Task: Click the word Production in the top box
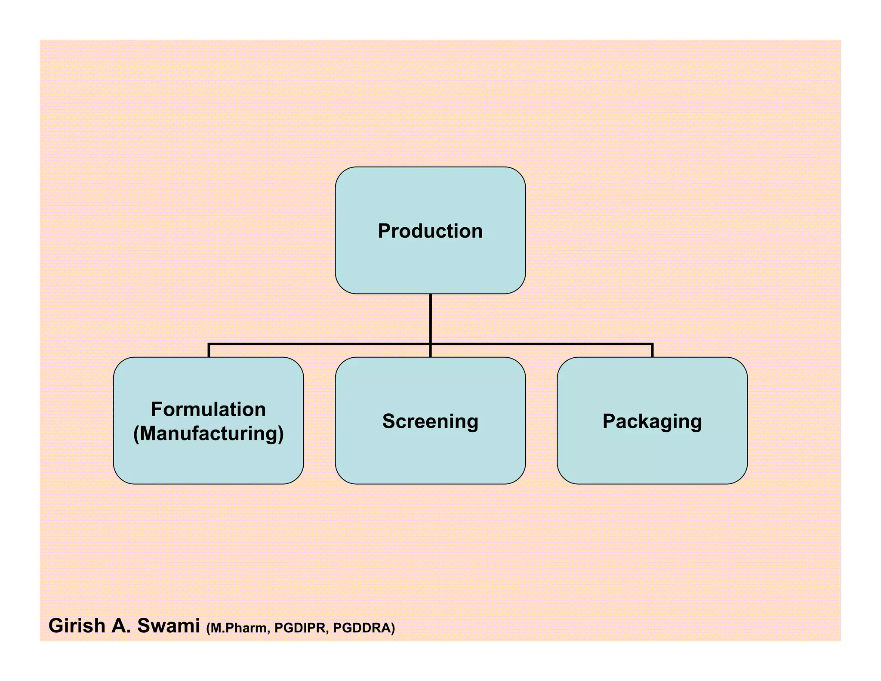pos(430,231)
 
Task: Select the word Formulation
pos(208,409)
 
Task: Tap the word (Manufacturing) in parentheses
pos(208,433)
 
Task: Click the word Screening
pos(430,421)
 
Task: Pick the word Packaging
pos(652,421)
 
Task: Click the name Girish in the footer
pos(77,626)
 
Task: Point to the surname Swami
pos(169,626)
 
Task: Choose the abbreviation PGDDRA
pos(363,628)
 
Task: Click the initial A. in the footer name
pos(121,626)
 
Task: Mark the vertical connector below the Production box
pos(431,319)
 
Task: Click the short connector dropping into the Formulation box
pos(209,351)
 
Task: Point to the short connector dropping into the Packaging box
pos(653,351)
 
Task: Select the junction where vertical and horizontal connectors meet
pos(431,344)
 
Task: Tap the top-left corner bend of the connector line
pos(209,344)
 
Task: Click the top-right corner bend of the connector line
pos(653,344)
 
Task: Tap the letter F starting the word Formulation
pos(156,409)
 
